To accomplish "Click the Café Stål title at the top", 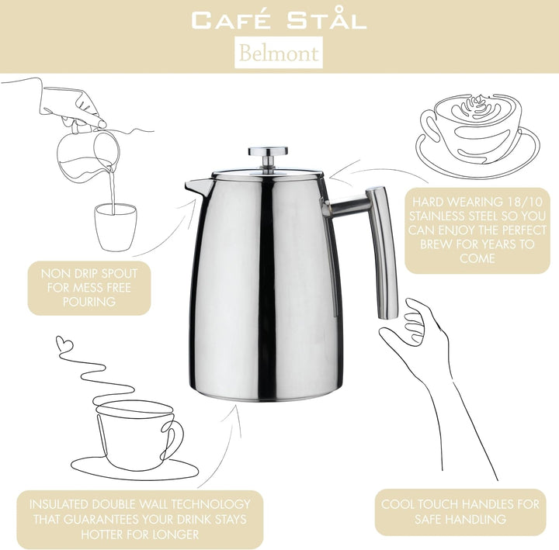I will click(x=279, y=19).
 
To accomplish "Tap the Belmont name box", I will click(x=279, y=54).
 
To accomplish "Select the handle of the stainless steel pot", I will click(x=382, y=252).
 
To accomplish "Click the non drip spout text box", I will click(x=89, y=288).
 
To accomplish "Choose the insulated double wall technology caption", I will click(x=140, y=519).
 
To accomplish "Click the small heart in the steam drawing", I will click(x=64, y=342).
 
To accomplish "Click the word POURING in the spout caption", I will click(x=89, y=302).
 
